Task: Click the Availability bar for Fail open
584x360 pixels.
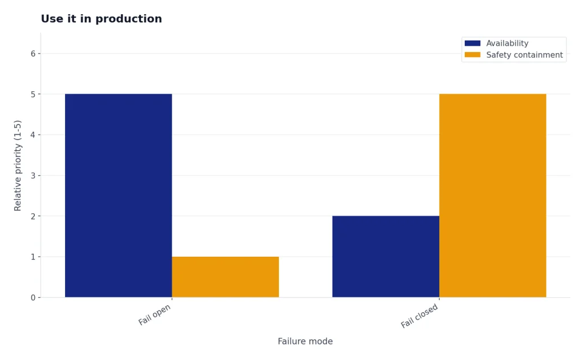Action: point(119,196)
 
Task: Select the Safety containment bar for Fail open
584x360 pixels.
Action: point(225,277)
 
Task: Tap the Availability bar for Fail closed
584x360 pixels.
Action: point(386,257)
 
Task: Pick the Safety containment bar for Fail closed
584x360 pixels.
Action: point(493,196)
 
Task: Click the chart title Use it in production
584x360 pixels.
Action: point(102,19)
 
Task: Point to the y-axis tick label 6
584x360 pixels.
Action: point(33,54)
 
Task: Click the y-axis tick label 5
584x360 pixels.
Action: point(33,94)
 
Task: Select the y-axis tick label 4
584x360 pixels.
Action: point(33,135)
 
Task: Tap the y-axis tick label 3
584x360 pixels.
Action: point(33,176)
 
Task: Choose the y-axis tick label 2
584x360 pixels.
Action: point(33,216)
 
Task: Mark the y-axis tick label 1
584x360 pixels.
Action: point(33,257)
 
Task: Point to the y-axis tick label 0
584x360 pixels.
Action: point(33,297)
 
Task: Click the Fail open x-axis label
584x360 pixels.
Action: point(155,315)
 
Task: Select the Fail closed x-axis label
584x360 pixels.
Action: point(419,316)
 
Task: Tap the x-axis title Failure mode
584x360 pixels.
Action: point(306,341)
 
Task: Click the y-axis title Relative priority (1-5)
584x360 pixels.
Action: point(18,165)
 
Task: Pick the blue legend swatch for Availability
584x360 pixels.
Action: point(473,43)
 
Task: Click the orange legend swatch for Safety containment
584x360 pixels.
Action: point(473,55)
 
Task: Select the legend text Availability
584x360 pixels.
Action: point(507,43)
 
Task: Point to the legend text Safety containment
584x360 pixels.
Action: point(525,55)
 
